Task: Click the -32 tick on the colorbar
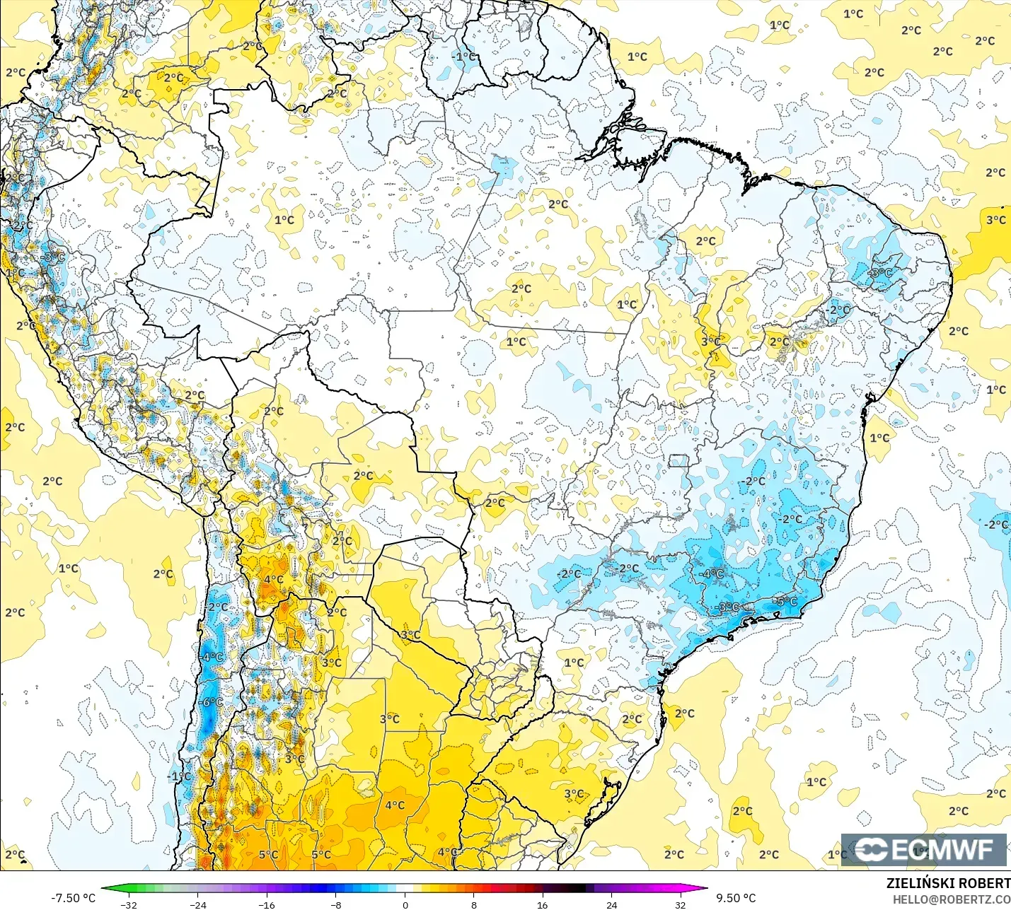[x=129, y=904]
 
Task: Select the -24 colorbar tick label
[x=198, y=904]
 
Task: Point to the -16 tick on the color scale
[x=267, y=904]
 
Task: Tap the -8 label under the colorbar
[x=336, y=904]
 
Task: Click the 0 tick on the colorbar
[x=405, y=904]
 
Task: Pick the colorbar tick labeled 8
[x=474, y=904]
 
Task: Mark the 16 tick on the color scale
[x=543, y=904]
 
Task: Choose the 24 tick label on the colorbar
[x=611, y=904]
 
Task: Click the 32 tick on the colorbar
[x=680, y=904]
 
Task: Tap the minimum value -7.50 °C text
[x=73, y=898]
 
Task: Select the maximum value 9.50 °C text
[x=736, y=898]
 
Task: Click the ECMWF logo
[x=923, y=849]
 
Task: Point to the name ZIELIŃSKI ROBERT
[x=948, y=883]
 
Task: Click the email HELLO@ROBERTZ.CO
[x=951, y=899]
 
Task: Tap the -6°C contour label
[x=212, y=702]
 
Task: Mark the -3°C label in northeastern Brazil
[x=881, y=273]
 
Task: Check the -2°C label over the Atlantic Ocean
[x=996, y=525]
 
